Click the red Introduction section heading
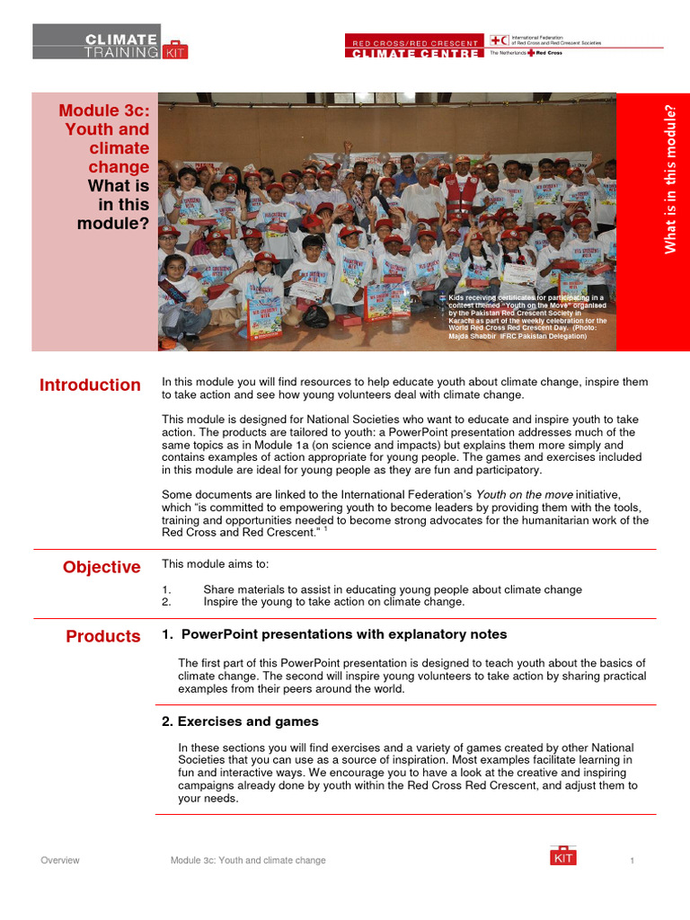click(x=90, y=385)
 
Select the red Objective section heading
click(x=102, y=567)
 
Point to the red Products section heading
click(x=103, y=636)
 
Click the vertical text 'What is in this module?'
click(x=669, y=179)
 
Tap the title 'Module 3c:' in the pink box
click(x=104, y=111)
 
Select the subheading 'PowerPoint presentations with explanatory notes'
click(x=334, y=634)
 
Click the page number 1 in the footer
click(x=632, y=861)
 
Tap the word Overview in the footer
click(x=60, y=861)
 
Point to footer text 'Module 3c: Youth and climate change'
click(x=248, y=861)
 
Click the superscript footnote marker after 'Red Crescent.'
click(x=325, y=529)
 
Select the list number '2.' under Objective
click(x=166, y=602)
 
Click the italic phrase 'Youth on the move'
click(x=524, y=494)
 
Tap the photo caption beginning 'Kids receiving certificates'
click(x=527, y=316)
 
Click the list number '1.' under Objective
click(x=166, y=589)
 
